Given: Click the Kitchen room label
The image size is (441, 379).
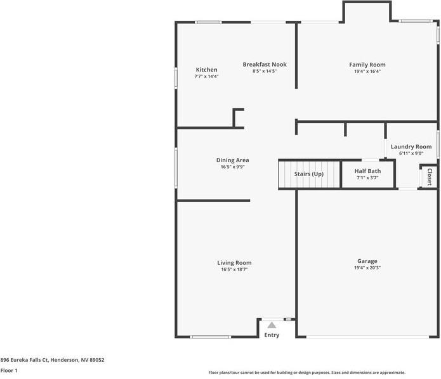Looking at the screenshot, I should (x=206, y=70).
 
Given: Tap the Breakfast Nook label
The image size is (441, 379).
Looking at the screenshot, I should (x=265, y=64).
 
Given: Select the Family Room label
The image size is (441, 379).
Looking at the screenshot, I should (x=367, y=65).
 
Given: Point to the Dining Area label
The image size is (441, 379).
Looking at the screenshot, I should (x=232, y=160).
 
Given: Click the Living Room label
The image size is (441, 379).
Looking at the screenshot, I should (x=234, y=263).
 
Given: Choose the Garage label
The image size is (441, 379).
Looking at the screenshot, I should (x=367, y=261).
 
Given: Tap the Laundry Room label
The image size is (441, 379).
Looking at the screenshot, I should (x=411, y=146).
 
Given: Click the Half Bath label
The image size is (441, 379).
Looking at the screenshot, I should (x=367, y=171).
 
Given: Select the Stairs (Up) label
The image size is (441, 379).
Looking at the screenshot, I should (x=308, y=174).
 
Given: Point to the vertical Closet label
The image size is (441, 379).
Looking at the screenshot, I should (x=430, y=176).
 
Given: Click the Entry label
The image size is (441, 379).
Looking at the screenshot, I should (x=272, y=335).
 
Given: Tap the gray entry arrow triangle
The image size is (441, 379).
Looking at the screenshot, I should (x=272, y=324).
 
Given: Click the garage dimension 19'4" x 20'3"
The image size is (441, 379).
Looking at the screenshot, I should (x=367, y=268).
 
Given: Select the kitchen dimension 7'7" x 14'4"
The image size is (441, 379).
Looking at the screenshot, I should (x=206, y=76).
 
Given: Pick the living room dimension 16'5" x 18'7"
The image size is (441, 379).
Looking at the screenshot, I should (x=234, y=269).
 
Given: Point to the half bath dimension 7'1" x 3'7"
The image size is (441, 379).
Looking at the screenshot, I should (x=367, y=178).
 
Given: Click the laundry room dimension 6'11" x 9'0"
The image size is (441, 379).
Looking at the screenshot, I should (x=411, y=153).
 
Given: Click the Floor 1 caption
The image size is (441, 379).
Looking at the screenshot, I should (x=9, y=370).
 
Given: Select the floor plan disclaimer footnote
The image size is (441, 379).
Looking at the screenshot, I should (x=307, y=373).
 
